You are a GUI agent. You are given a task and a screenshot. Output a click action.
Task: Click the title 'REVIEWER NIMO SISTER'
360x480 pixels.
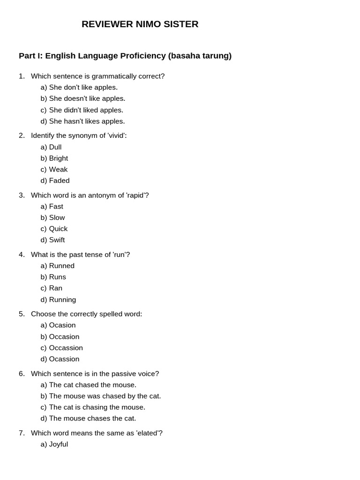coord(140,24)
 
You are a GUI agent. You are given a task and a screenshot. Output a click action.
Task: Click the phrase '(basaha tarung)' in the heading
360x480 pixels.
coord(200,56)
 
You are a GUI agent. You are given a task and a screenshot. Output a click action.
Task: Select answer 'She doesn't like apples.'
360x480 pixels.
coord(87,98)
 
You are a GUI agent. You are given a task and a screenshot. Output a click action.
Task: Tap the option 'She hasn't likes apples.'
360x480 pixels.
coord(87,121)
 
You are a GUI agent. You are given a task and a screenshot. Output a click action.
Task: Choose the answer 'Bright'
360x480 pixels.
coord(58,158)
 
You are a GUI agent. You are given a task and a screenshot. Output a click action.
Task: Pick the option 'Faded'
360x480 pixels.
coord(59,180)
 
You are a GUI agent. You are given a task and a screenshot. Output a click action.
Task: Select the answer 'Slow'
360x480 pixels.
coord(57,217)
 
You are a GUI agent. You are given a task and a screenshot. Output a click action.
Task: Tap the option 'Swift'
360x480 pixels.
coord(57,240)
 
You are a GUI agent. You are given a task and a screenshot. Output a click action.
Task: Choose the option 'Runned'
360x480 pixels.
coord(61,266)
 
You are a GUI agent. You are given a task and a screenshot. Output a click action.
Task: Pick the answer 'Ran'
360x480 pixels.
coord(55,288)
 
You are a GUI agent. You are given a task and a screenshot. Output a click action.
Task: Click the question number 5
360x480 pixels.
coord(22,314)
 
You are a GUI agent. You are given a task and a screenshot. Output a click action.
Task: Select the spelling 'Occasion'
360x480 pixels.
coord(64,337)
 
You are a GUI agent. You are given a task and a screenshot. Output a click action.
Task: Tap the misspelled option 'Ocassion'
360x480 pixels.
coord(64,359)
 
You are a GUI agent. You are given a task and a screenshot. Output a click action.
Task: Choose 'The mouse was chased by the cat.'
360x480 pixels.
coord(105,396)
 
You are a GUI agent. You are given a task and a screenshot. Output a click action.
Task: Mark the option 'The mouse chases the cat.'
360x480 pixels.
coord(92,418)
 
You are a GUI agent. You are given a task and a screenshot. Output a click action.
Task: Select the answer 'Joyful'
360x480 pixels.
coord(58,444)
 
